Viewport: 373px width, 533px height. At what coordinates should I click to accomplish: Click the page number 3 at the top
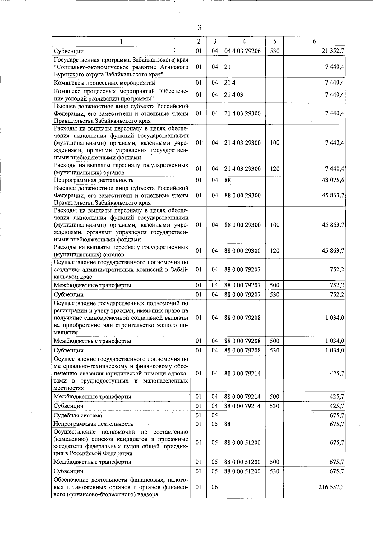(x=200, y=28)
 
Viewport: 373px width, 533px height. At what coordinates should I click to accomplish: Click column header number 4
(x=244, y=41)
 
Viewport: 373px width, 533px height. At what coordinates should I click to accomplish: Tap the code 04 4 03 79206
(x=242, y=51)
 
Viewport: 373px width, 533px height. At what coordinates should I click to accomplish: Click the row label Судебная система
(x=78, y=416)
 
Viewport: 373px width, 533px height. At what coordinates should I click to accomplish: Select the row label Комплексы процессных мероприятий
(x=104, y=83)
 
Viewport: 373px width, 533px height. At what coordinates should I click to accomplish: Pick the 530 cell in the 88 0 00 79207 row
(x=274, y=294)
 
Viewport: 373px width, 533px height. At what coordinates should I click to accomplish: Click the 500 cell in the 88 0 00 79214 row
(x=274, y=397)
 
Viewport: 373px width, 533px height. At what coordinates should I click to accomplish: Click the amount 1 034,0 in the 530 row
(x=334, y=350)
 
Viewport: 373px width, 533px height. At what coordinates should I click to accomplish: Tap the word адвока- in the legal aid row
(x=178, y=373)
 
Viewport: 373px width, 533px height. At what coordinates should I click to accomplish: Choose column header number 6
(x=314, y=41)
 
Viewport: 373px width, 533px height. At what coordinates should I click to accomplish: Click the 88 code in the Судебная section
(x=228, y=424)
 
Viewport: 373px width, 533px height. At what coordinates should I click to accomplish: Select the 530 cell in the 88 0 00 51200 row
(x=274, y=471)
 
